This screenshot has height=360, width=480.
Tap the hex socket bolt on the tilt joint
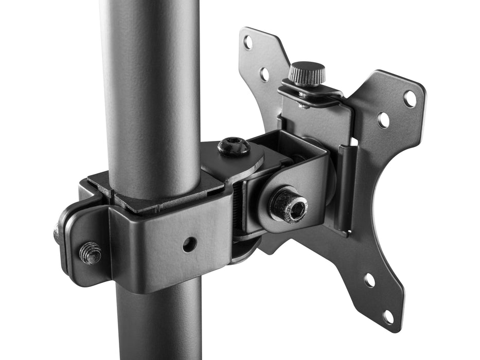tap(290, 205)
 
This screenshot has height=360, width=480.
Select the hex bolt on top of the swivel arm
tap(234, 147)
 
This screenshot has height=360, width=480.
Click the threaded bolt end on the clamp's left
tap(91, 253)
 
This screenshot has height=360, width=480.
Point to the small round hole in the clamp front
tap(190, 244)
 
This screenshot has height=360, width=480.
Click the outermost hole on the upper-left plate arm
tap(248, 43)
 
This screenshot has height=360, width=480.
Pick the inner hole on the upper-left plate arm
tap(264, 75)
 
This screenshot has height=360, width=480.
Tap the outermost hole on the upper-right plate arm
tap(410, 98)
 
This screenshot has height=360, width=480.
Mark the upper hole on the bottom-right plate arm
tap(369, 280)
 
